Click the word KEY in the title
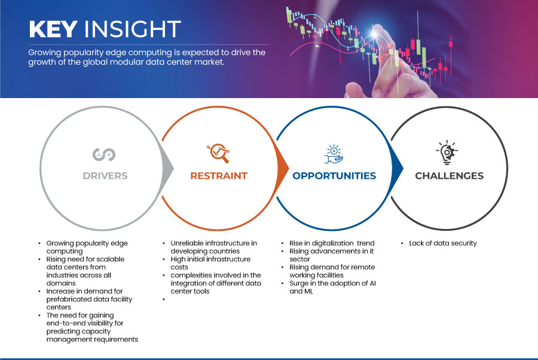pyautogui.click(x=53, y=29)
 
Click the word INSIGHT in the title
pyautogui.click(x=133, y=29)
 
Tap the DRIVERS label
pyautogui.click(x=105, y=176)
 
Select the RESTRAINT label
pyautogui.click(x=219, y=176)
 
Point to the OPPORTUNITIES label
pyautogui.click(x=334, y=176)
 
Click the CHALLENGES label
pyautogui.click(x=449, y=176)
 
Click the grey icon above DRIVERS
pyautogui.click(x=104, y=154)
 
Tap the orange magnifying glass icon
pyautogui.click(x=218, y=153)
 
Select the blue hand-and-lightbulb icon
pyautogui.click(x=334, y=154)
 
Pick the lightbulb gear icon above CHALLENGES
pyautogui.click(x=447, y=152)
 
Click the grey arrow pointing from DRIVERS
pyautogui.click(x=168, y=168)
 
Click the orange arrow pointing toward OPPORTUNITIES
pyautogui.click(x=283, y=168)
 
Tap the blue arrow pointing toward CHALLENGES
pyautogui.click(x=398, y=168)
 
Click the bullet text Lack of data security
pyautogui.click(x=443, y=243)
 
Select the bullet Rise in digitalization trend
pyautogui.click(x=332, y=243)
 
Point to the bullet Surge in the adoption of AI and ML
pyautogui.click(x=332, y=287)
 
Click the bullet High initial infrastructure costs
pyautogui.click(x=210, y=263)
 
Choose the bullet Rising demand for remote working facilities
pyautogui.click(x=332, y=271)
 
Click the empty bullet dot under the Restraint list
pyautogui.click(x=164, y=300)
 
